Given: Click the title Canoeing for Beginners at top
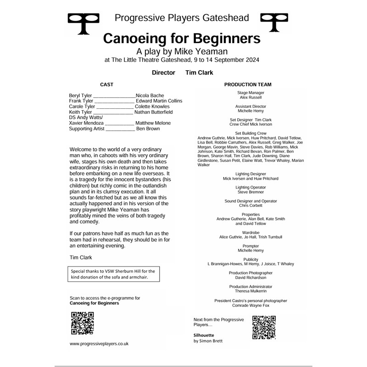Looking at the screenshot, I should coord(182,38).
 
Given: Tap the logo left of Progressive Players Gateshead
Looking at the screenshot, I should coord(83,23).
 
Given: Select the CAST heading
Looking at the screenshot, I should coord(106,84).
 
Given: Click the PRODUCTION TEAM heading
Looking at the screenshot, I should coord(248,84).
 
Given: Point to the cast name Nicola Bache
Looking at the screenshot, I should coord(150,95).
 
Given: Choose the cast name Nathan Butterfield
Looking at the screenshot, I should coord(153,112).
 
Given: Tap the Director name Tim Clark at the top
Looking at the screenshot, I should coord(199,72).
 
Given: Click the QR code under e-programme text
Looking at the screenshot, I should coord(83,323).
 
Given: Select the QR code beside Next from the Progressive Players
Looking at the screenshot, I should coord(264,327).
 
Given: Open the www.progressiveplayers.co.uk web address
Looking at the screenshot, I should coord(99,343).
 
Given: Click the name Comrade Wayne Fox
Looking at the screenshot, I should coord(250,305).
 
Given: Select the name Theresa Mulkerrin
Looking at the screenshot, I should coord(250,291).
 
